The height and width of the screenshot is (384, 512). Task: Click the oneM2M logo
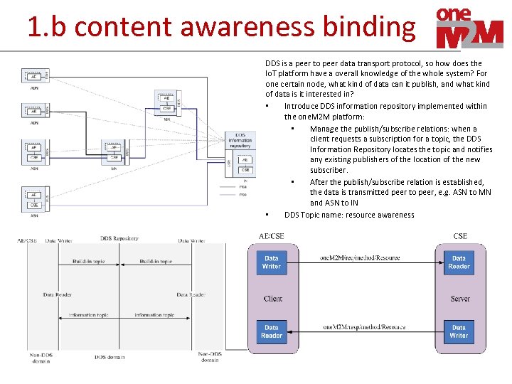469,27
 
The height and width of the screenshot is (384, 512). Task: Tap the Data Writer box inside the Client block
272,262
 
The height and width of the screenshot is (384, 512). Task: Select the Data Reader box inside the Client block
272,331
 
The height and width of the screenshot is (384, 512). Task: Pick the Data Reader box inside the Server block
459,262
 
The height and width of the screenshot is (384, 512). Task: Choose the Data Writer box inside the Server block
459,331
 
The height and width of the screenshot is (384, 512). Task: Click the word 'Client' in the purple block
272,299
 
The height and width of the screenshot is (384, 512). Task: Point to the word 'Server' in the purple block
460,299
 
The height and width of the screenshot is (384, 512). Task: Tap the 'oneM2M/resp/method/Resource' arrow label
363,327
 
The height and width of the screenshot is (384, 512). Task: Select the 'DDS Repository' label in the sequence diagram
119,240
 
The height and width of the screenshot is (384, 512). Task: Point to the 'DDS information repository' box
240,140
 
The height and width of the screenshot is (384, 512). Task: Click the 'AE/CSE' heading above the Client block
270,235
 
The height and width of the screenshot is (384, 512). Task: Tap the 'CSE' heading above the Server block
460,235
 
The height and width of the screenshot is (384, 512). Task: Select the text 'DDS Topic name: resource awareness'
349,215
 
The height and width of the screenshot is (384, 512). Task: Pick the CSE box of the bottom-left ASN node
33,206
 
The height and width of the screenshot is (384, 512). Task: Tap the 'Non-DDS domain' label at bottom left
41,357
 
